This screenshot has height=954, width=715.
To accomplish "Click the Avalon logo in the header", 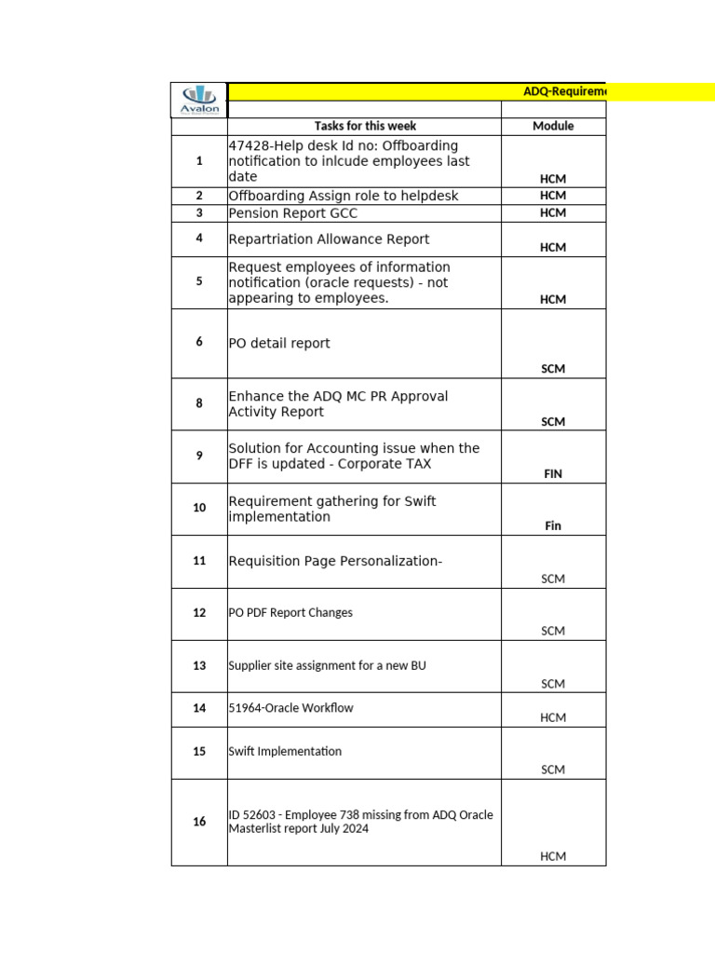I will tap(199, 100).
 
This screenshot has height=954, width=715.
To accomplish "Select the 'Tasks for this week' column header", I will tap(365, 126).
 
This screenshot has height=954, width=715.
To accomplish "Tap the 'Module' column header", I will tap(553, 126).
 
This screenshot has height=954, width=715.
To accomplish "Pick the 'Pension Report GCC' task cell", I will tap(292, 213).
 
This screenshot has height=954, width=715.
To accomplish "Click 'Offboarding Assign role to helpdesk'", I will tap(344, 196).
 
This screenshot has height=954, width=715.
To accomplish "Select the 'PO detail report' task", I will tap(279, 343).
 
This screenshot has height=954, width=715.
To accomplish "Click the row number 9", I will tap(199, 456).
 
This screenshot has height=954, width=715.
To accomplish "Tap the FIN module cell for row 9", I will tap(553, 473).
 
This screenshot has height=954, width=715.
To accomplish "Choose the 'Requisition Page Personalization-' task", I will tap(335, 561).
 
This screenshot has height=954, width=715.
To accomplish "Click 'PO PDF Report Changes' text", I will tap(290, 613).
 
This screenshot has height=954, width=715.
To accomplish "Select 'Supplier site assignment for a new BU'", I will tap(327, 666).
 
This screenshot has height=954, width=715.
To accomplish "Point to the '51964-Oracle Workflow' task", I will tap(290, 708).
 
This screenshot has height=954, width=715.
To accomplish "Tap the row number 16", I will tap(199, 822).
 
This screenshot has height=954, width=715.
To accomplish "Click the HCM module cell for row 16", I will tap(553, 856).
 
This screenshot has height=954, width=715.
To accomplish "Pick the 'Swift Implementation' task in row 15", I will tap(285, 751).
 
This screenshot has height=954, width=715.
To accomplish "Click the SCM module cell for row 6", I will tap(553, 369).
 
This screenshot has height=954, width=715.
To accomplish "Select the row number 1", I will tap(199, 161).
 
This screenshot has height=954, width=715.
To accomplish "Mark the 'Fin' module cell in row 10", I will tap(553, 525).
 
